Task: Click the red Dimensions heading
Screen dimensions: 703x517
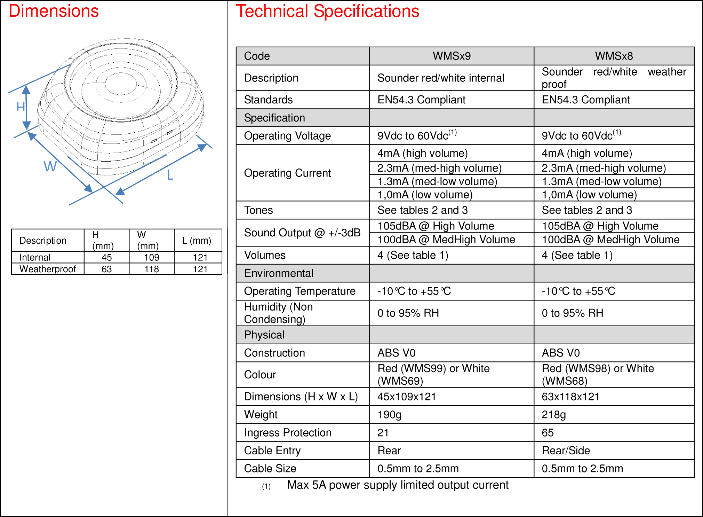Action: [x=54, y=11]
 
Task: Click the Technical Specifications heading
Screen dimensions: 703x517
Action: [x=328, y=11]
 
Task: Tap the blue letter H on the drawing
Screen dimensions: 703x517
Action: [x=21, y=107]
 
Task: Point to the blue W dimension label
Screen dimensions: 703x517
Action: [x=50, y=166]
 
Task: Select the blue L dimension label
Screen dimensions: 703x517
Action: [x=170, y=175]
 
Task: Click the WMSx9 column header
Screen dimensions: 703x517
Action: [x=452, y=56]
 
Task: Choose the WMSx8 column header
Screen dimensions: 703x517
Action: [x=614, y=56]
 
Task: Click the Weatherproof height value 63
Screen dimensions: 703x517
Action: [x=106, y=269]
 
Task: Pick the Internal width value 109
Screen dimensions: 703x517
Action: [x=152, y=258]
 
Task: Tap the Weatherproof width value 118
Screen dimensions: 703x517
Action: [x=152, y=269]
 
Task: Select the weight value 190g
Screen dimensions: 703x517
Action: [x=390, y=415]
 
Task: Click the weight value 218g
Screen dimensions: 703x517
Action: [x=554, y=415]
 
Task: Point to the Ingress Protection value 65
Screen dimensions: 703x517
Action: [x=548, y=433]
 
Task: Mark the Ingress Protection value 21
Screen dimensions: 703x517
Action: [x=383, y=433]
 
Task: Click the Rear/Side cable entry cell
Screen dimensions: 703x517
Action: [x=566, y=451]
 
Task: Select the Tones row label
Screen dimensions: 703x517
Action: [x=258, y=210]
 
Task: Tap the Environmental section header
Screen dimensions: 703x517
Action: [x=279, y=273]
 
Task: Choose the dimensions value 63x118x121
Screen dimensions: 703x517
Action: [x=570, y=397]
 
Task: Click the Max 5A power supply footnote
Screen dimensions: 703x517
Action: [x=398, y=485]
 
